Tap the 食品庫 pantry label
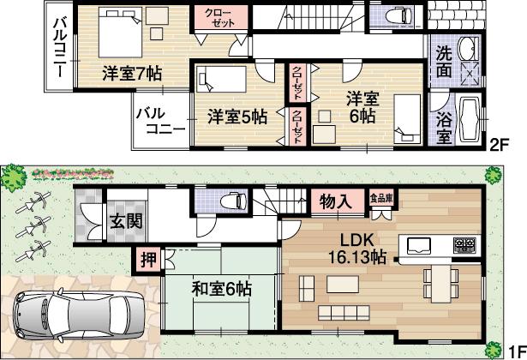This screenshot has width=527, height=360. [x=381, y=197]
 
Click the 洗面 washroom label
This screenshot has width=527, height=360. [x=444, y=63]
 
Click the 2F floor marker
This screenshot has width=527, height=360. [x=500, y=145]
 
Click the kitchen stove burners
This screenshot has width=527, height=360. [x=464, y=245]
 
